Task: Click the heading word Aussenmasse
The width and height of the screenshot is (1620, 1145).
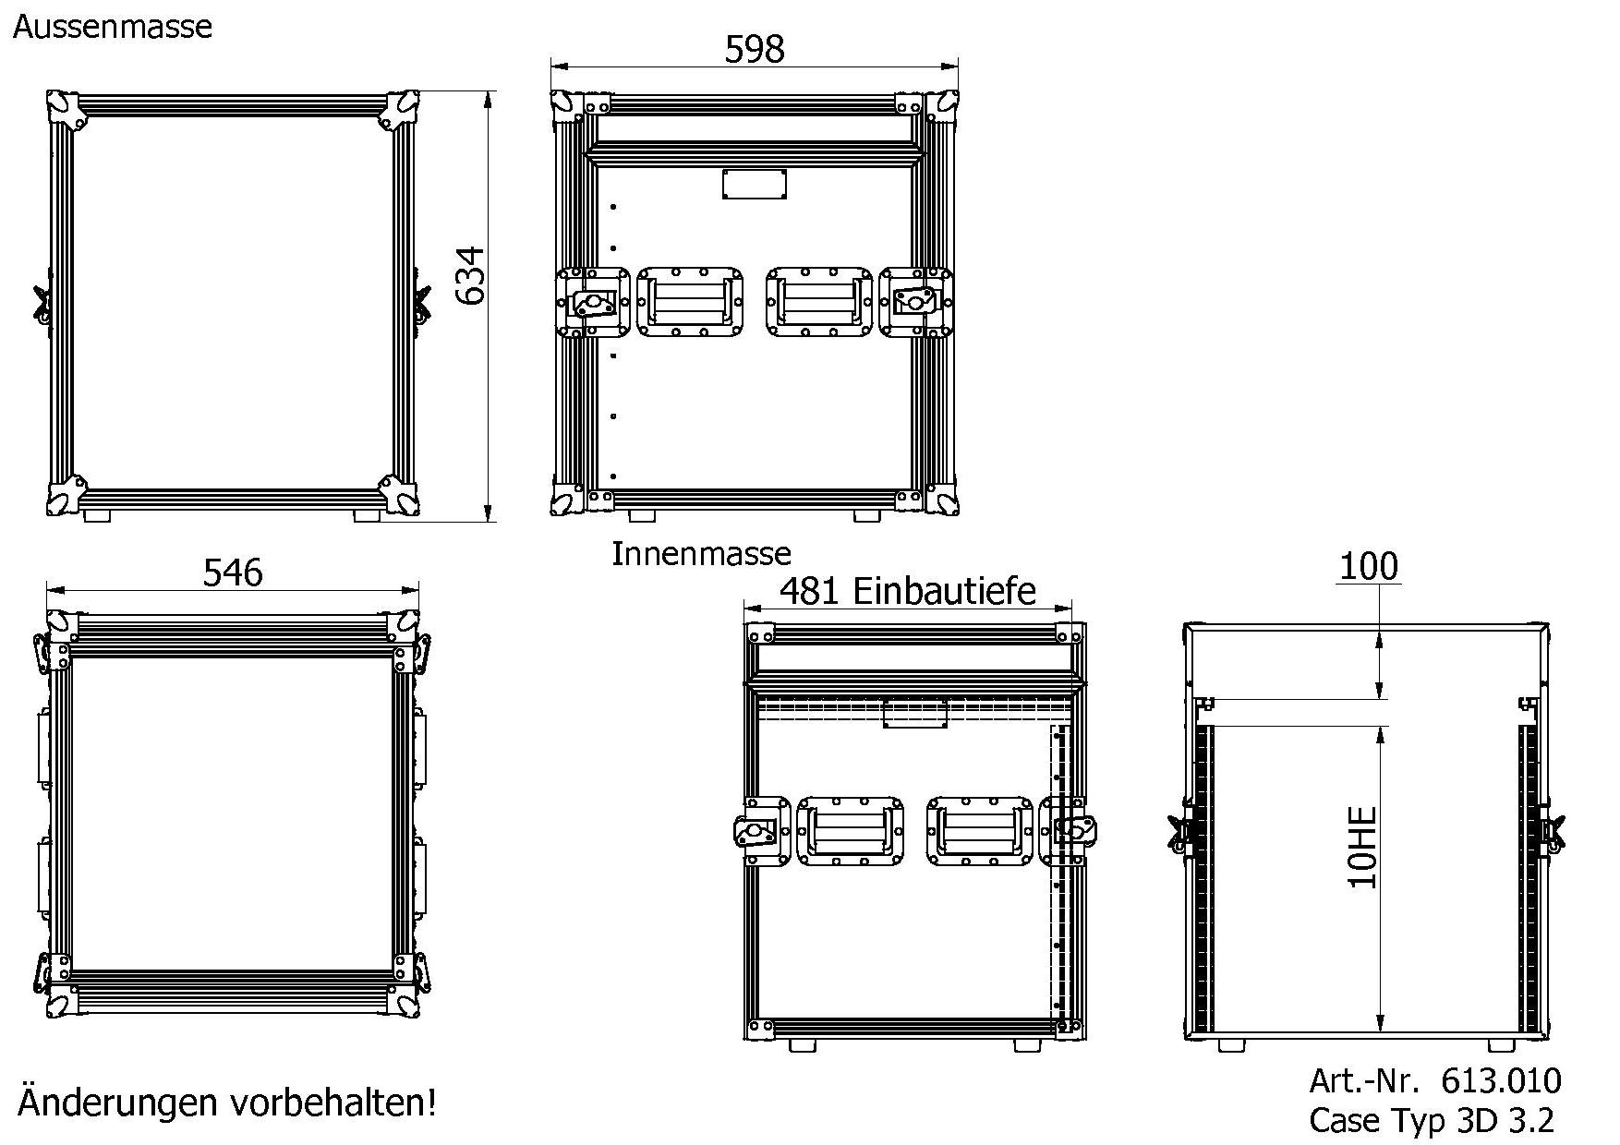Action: click(x=112, y=26)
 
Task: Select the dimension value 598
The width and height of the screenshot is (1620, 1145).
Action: click(x=754, y=49)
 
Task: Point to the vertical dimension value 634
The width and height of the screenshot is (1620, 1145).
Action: click(x=470, y=275)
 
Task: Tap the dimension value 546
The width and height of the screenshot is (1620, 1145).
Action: click(x=233, y=572)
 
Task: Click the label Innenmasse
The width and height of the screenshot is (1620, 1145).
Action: click(x=701, y=554)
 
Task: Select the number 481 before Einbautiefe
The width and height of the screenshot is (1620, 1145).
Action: click(x=809, y=591)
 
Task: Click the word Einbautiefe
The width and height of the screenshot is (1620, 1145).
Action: click(x=943, y=591)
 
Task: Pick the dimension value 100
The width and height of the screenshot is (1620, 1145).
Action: click(x=1368, y=565)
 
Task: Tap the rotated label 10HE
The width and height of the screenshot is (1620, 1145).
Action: click(x=1363, y=848)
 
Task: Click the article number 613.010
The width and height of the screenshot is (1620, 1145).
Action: click(x=1501, y=1080)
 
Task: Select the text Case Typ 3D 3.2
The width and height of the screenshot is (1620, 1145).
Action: click(x=1432, y=1120)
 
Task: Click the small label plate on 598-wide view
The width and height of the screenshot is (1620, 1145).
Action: click(x=755, y=184)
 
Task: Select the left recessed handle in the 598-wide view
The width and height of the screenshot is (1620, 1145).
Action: click(x=690, y=302)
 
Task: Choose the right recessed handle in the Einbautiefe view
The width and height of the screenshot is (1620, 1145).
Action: click(x=980, y=831)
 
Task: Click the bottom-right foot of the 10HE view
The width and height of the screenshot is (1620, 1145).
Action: click(x=1502, y=1045)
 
